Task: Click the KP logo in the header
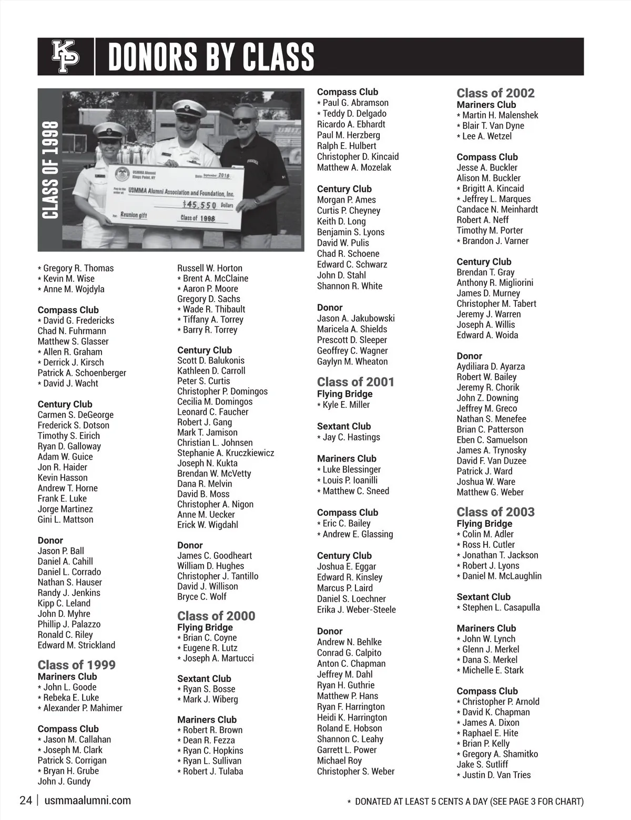tap(66, 56)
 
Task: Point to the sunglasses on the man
tap(242, 121)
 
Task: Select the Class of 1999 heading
tap(76, 665)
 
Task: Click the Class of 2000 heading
tap(216, 616)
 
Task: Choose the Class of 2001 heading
tap(355, 382)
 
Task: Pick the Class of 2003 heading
tap(495, 512)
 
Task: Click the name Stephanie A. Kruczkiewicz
tap(226, 453)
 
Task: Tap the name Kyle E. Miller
tap(346, 405)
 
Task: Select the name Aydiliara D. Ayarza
tap(491, 366)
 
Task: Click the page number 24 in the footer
tap(26, 801)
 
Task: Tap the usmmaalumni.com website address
tap(88, 801)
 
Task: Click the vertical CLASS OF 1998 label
tap(50, 169)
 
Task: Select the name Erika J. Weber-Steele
tap(357, 609)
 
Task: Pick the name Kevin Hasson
tap(63, 477)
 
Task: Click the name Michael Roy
tap(339, 761)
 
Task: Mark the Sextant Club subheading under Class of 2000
tap(204, 679)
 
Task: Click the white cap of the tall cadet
tap(187, 107)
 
